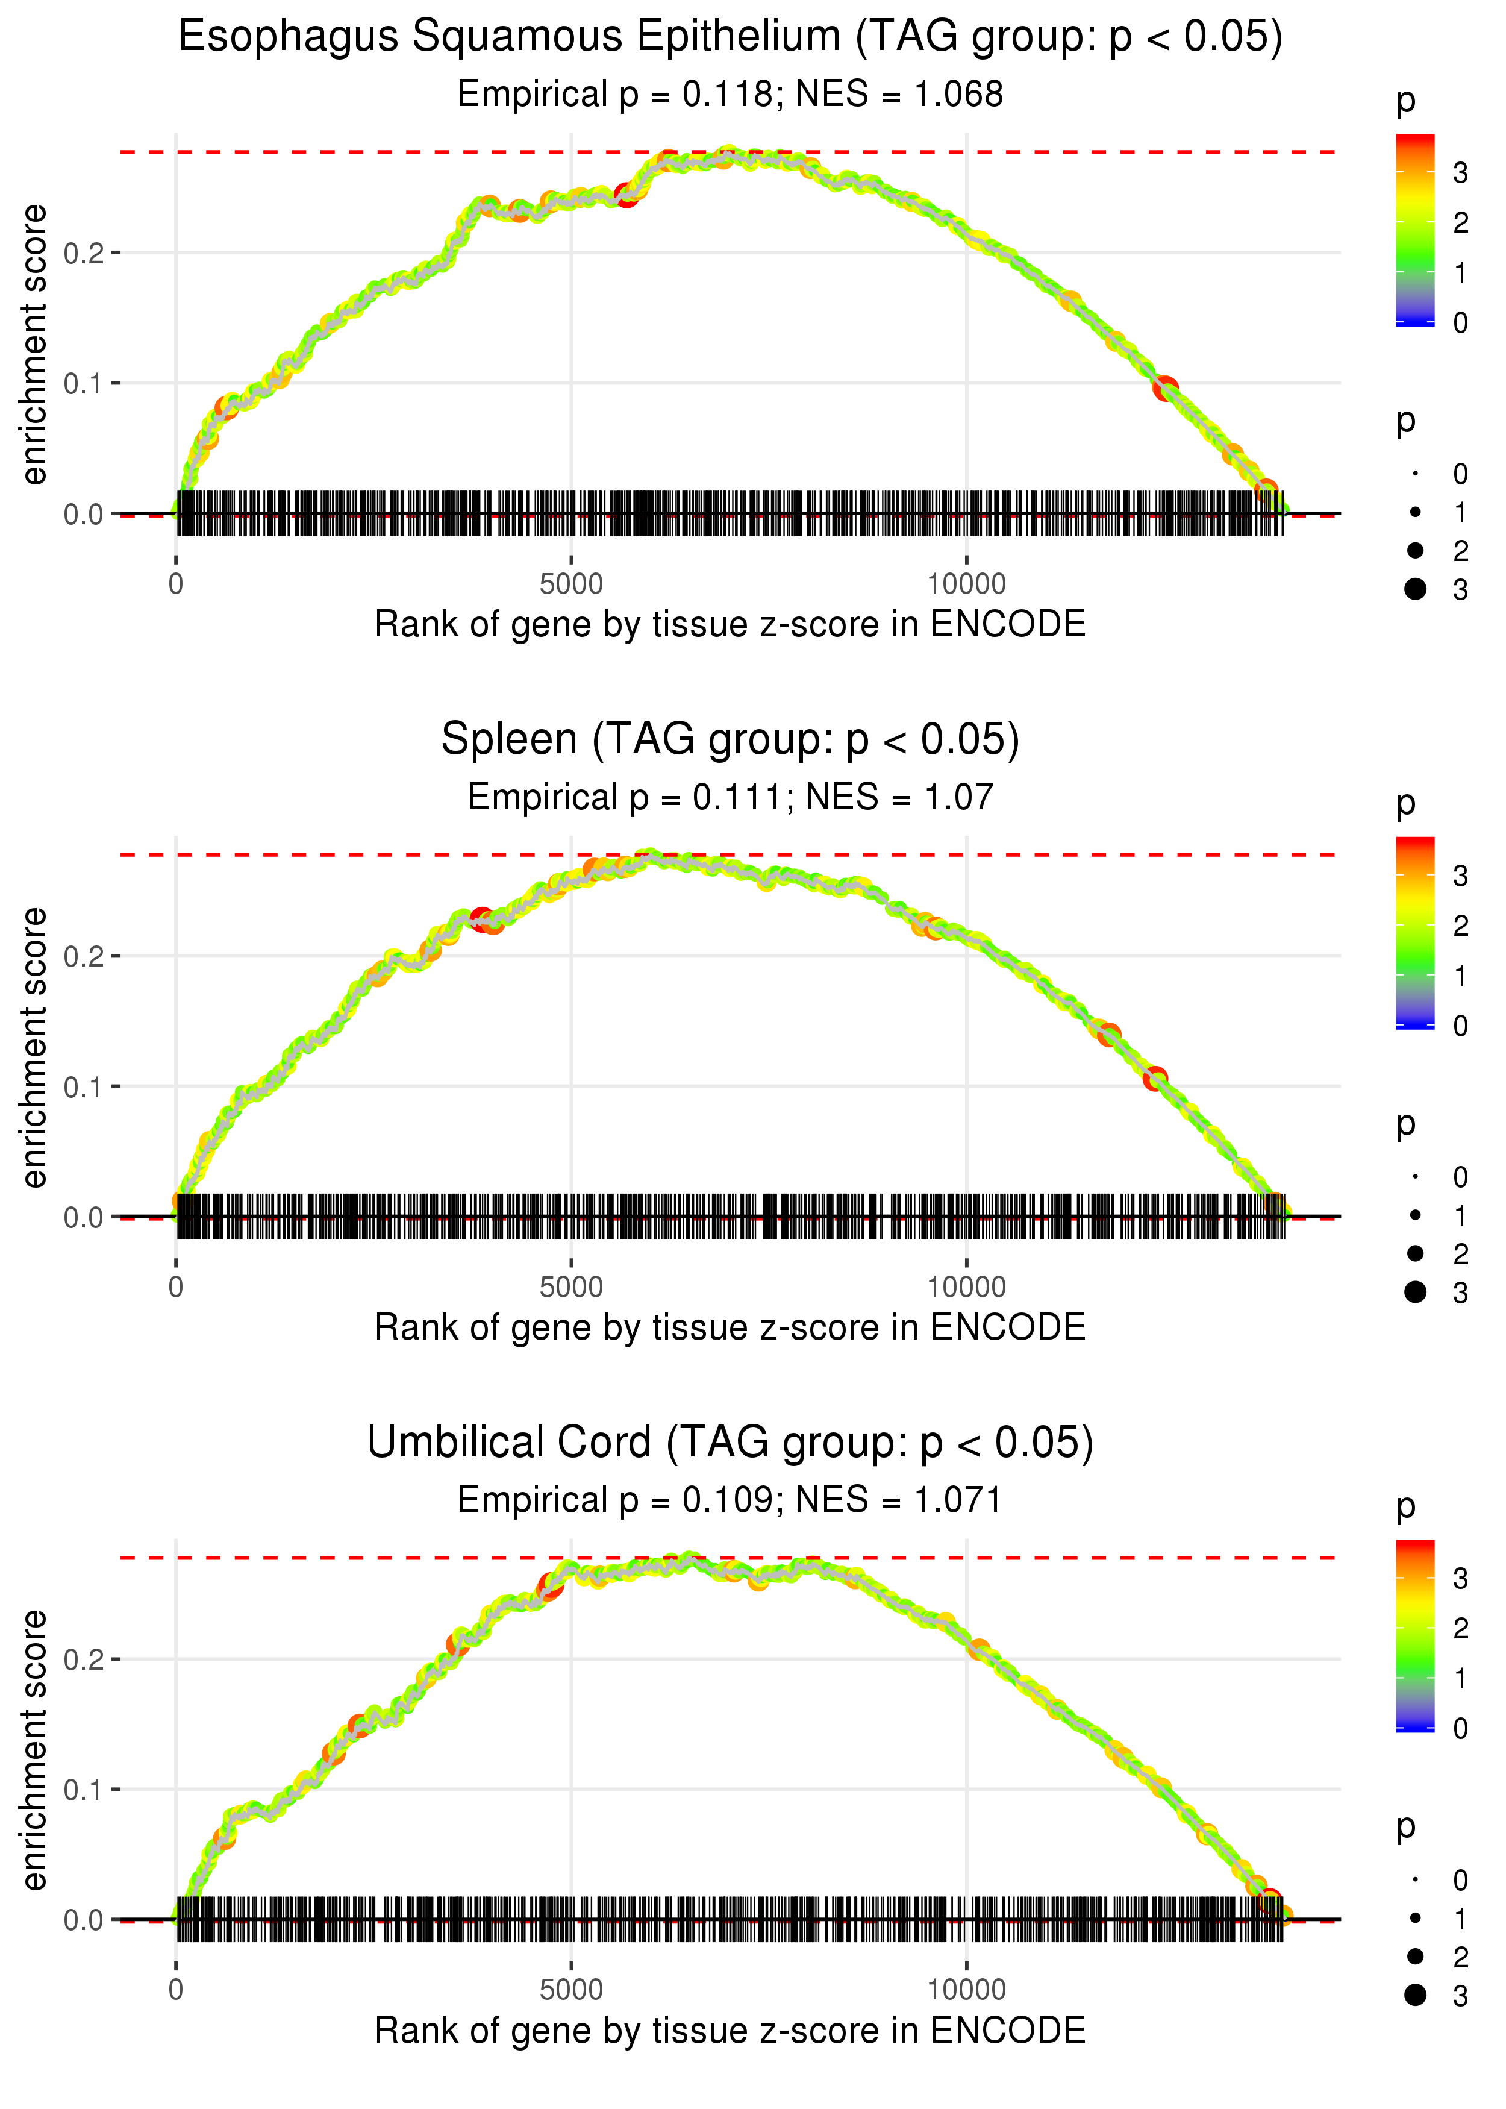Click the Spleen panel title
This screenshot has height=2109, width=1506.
pos(730,740)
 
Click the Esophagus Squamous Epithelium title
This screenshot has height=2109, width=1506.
pos(730,37)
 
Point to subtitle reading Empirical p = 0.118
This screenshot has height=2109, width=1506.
pos(730,95)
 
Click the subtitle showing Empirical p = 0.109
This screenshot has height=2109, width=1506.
pos(730,1500)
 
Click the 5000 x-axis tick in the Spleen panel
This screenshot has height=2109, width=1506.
pos(571,1287)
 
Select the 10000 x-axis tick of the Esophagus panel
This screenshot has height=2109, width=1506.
pos(966,584)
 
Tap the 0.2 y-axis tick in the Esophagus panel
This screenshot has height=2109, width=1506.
pos(84,252)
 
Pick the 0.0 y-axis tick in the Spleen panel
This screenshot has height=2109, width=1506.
pos(84,1217)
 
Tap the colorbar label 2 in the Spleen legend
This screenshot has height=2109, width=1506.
pos(1460,926)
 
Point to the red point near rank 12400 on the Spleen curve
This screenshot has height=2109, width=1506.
pos(1155,1079)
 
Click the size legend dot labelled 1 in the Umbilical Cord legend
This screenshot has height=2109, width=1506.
pos(1415,1918)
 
